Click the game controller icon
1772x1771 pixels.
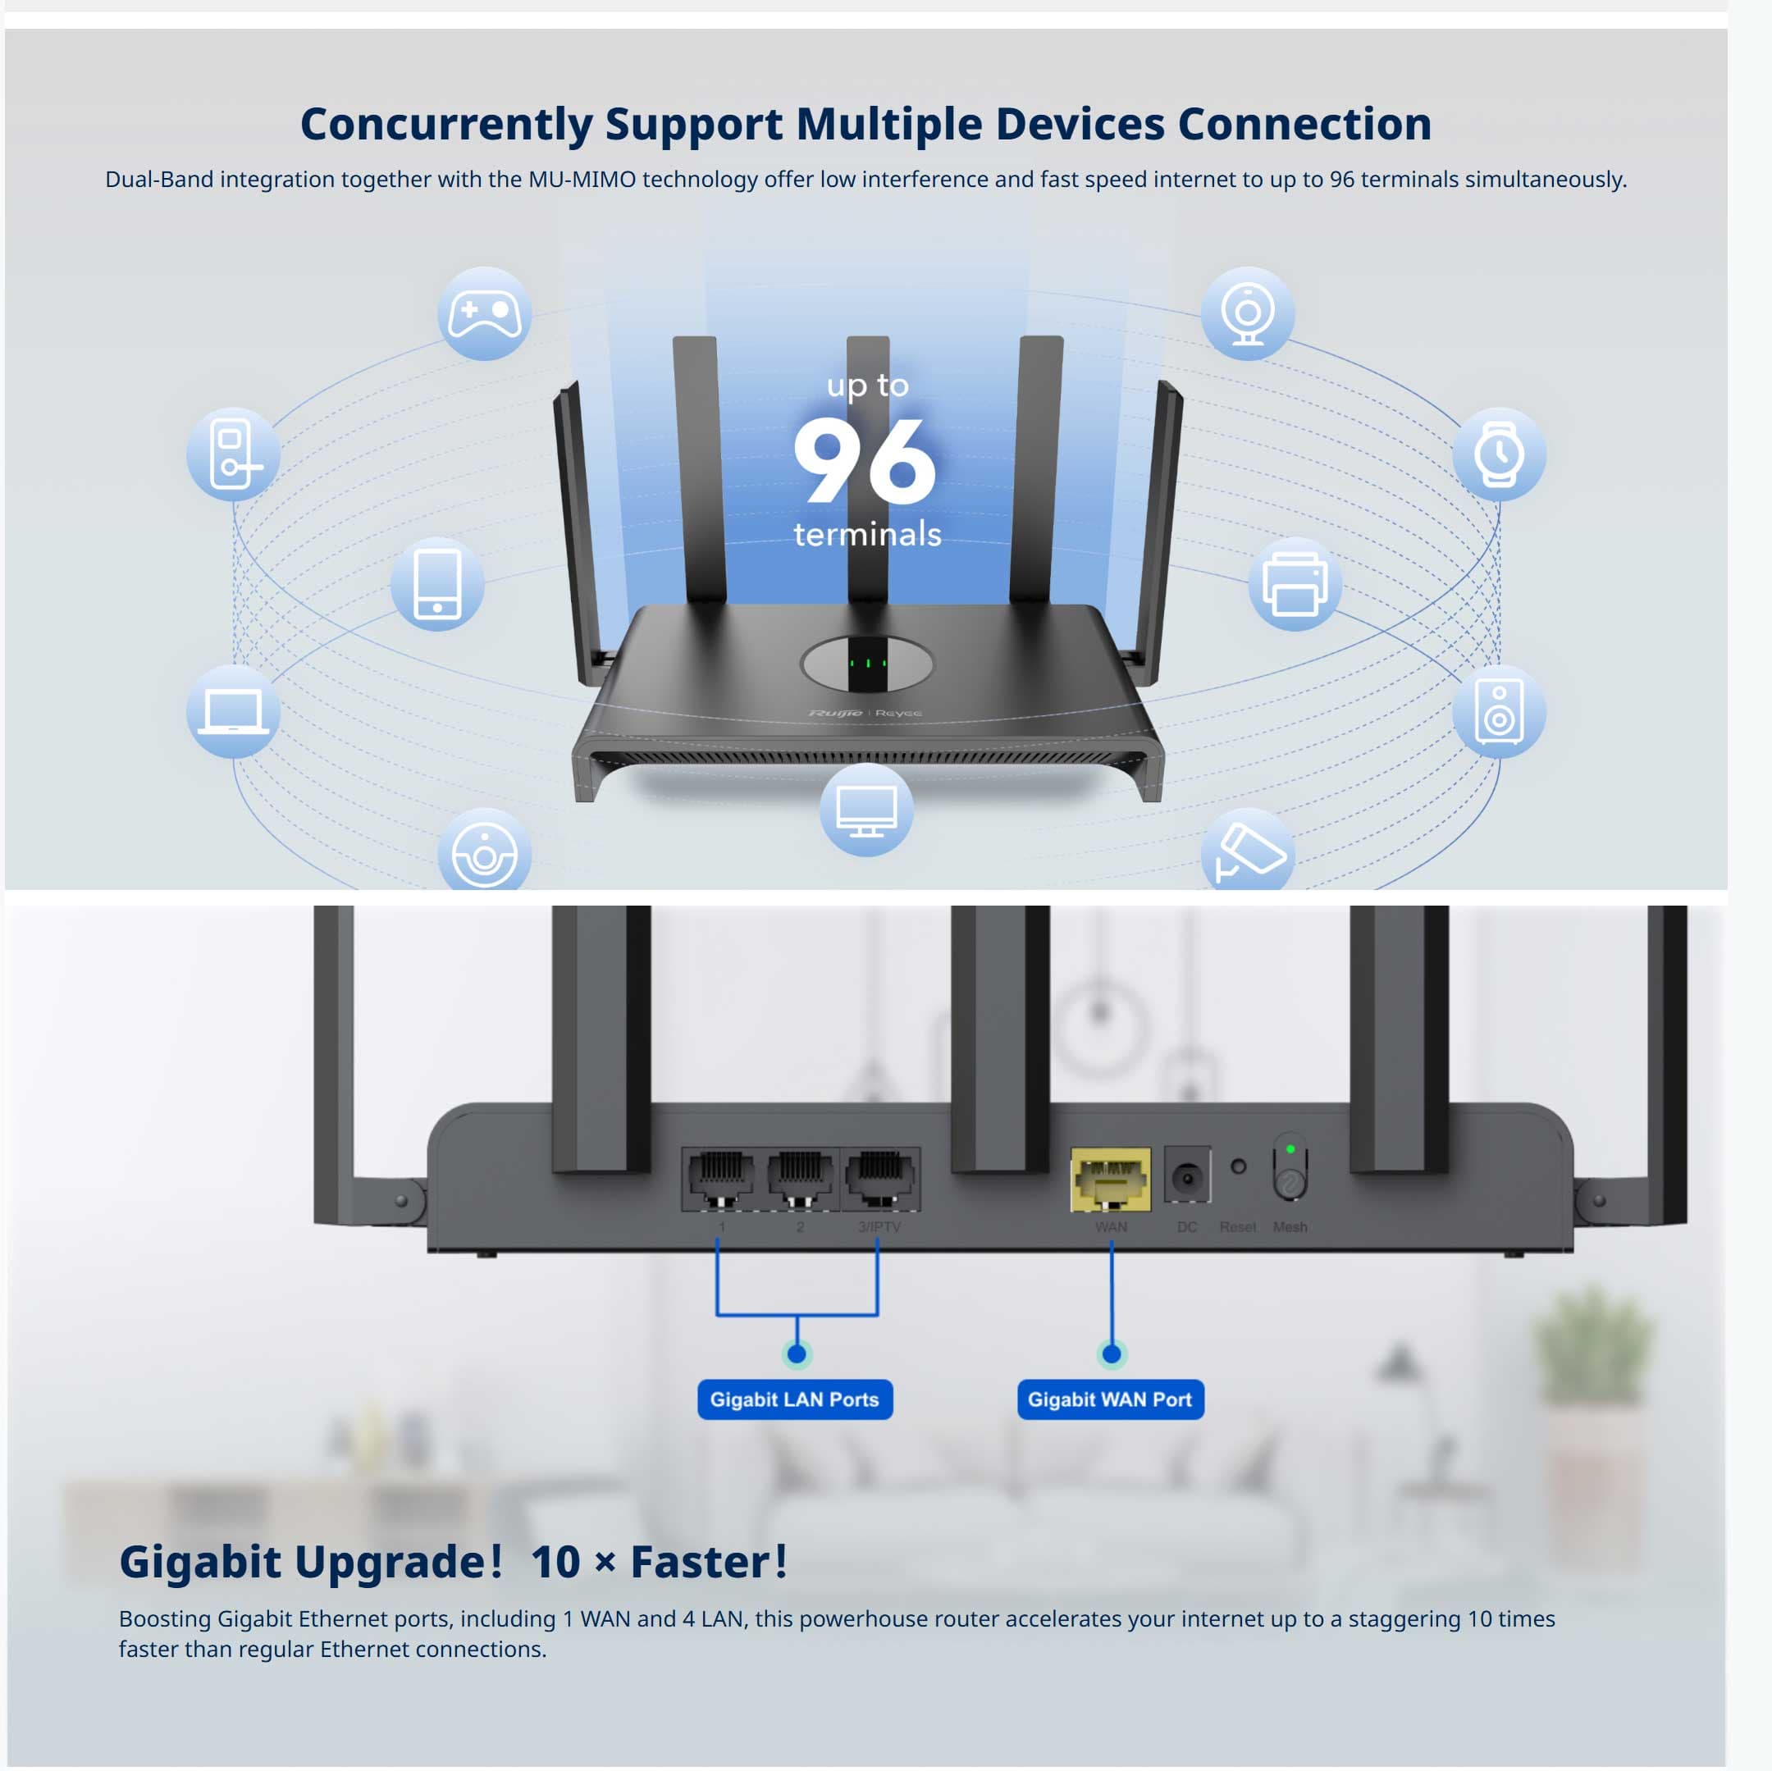(484, 313)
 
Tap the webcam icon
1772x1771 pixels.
(1247, 313)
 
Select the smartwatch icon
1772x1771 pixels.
(1499, 454)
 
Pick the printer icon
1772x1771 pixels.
(1295, 584)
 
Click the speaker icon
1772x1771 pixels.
(1499, 712)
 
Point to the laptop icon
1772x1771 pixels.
(233, 712)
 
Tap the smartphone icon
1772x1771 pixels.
(437, 584)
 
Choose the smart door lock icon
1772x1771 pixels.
(233, 454)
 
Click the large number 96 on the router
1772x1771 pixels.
(864, 460)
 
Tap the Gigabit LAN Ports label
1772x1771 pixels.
(794, 1399)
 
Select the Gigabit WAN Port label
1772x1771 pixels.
(1110, 1399)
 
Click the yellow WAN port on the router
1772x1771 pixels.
(1111, 1180)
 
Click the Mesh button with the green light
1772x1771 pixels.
(1290, 1170)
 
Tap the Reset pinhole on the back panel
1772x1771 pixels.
(1238, 1166)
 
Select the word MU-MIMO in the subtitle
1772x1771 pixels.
(582, 180)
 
